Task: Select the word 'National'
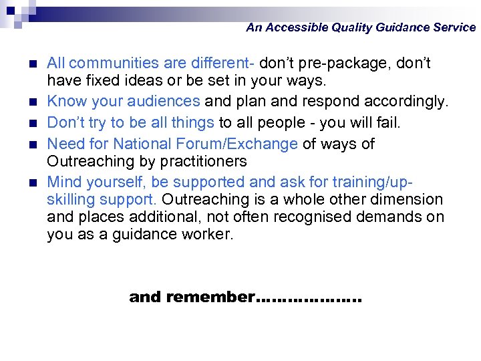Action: (137, 144)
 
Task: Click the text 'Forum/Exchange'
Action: (239, 144)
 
